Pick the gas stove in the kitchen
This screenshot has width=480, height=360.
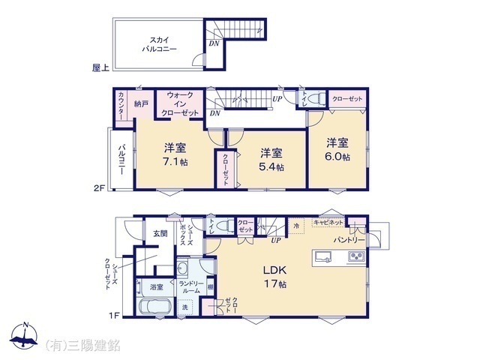[x=354, y=257]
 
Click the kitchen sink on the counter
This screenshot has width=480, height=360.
[x=324, y=257]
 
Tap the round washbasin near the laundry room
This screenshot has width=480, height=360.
[x=182, y=268]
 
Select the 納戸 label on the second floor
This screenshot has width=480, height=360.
[x=141, y=104]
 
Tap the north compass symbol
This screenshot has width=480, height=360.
[x=25, y=336]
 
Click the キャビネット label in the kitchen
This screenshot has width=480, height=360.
[x=328, y=223]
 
